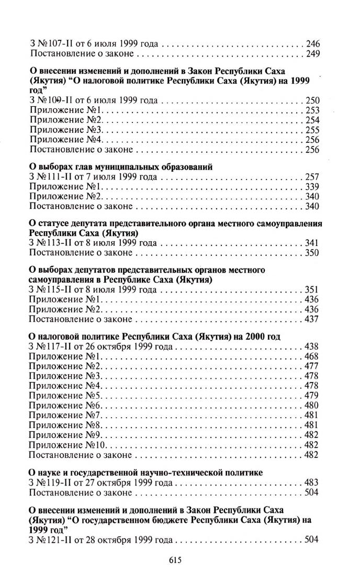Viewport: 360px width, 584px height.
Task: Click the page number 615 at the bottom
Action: click(x=175, y=560)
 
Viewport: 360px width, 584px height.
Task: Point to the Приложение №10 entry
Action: click(x=68, y=445)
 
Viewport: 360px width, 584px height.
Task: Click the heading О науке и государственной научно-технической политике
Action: click(x=145, y=473)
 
